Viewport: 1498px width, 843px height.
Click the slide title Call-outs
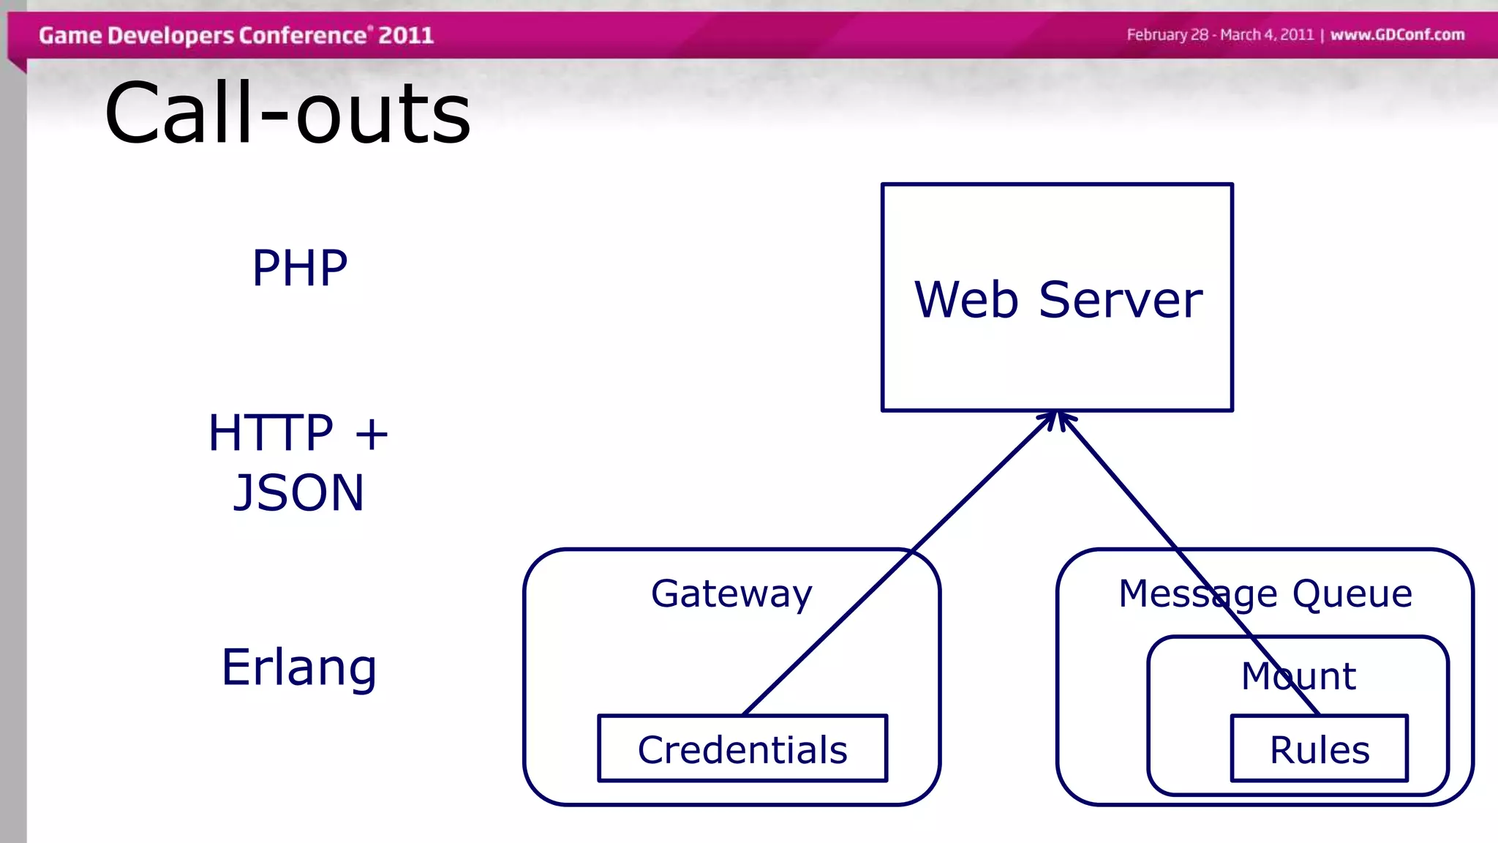coord(287,113)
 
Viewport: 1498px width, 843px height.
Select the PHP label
coord(299,268)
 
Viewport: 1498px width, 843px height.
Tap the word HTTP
coord(271,432)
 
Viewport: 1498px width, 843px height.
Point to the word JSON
coord(298,492)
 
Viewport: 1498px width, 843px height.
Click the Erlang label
coord(299,667)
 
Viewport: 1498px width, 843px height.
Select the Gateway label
coord(731,593)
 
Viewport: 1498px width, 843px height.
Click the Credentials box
coord(742,749)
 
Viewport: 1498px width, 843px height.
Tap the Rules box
coord(1319,749)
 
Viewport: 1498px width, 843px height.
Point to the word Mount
coord(1298,675)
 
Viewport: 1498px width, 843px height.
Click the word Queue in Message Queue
coord(1352,593)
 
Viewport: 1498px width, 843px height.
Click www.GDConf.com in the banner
coord(1397,35)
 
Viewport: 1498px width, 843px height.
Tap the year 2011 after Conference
coord(406,35)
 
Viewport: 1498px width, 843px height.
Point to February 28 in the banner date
coord(1167,35)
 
